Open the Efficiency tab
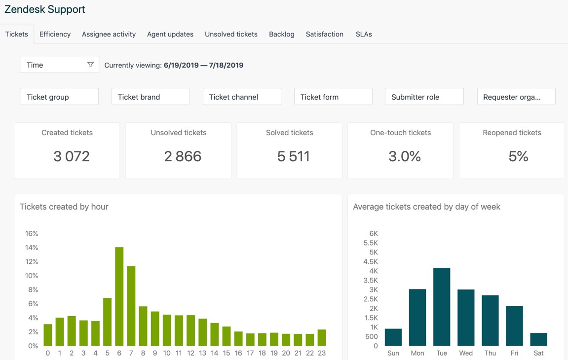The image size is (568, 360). tap(55, 34)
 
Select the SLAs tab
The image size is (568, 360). tap(364, 34)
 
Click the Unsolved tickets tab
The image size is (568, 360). tap(231, 34)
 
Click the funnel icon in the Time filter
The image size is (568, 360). tap(90, 65)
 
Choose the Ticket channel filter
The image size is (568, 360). tap(242, 97)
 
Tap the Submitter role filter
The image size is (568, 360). tap(424, 97)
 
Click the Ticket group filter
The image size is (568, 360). tap(59, 97)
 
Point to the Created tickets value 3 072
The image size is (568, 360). tap(72, 156)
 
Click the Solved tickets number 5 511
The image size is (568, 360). tap(294, 156)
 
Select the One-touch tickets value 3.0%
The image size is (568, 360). tap(405, 156)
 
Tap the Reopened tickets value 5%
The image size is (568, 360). tap(518, 156)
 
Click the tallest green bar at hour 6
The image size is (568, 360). tap(119, 296)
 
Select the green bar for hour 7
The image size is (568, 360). tap(131, 306)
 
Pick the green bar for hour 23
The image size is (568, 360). tap(322, 338)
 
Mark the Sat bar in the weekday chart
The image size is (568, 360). tap(538, 339)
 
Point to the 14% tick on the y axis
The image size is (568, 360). tap(32, 248)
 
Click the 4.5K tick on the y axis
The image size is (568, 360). tap(370, 261)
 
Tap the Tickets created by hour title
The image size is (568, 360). tap(64, 207)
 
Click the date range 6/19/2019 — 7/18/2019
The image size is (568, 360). tap(203, 65)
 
